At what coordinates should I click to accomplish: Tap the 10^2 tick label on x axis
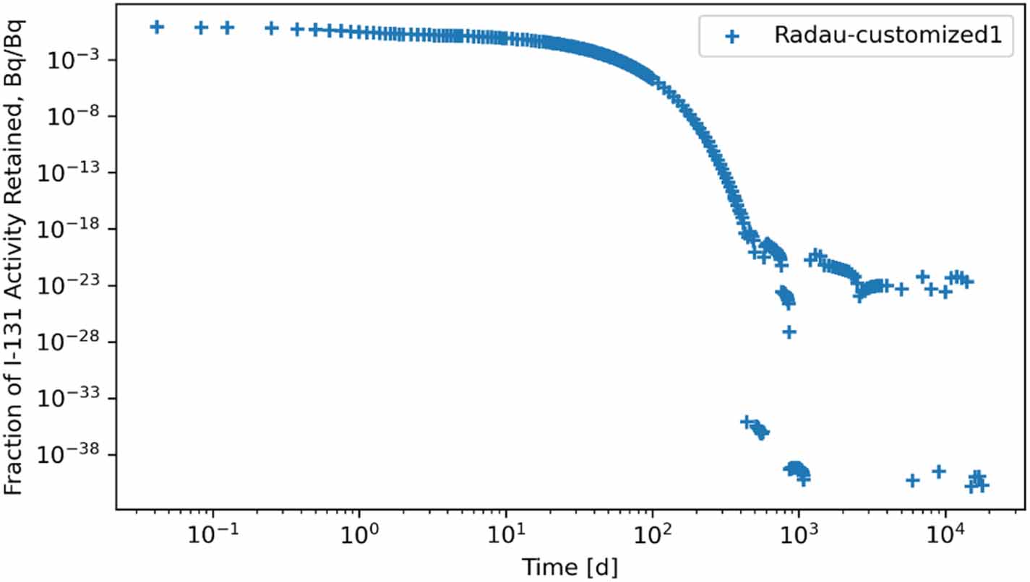653,535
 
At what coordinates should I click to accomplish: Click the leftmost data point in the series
156,27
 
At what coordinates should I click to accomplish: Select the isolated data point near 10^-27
789,331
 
